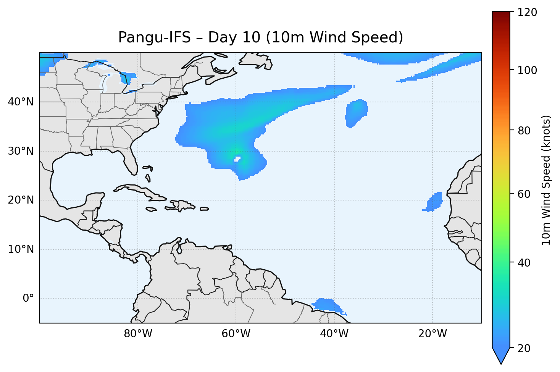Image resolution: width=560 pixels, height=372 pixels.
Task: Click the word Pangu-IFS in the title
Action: tap(154, 37)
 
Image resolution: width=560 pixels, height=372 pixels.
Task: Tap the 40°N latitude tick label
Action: tap(21, 102)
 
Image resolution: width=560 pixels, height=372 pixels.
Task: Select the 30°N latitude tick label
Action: tap(21, 151)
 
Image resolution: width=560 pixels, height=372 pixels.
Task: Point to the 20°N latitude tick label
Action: tap(21, 200)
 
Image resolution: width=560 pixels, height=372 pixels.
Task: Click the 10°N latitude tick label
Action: tap(21, 249)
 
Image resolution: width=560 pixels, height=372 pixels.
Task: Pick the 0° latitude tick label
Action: tap(28, 298)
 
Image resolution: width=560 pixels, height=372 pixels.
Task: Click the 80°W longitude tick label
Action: tap(138, 334)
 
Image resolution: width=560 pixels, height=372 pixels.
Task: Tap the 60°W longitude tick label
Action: tap(236, 334)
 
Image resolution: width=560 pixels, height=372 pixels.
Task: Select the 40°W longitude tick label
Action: tap(334, 334)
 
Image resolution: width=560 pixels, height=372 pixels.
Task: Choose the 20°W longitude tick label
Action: tap(432, 334)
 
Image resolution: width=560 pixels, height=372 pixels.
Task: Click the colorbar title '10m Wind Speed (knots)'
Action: tap(547, 180)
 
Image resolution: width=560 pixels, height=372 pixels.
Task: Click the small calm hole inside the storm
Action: tap(237, 159)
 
